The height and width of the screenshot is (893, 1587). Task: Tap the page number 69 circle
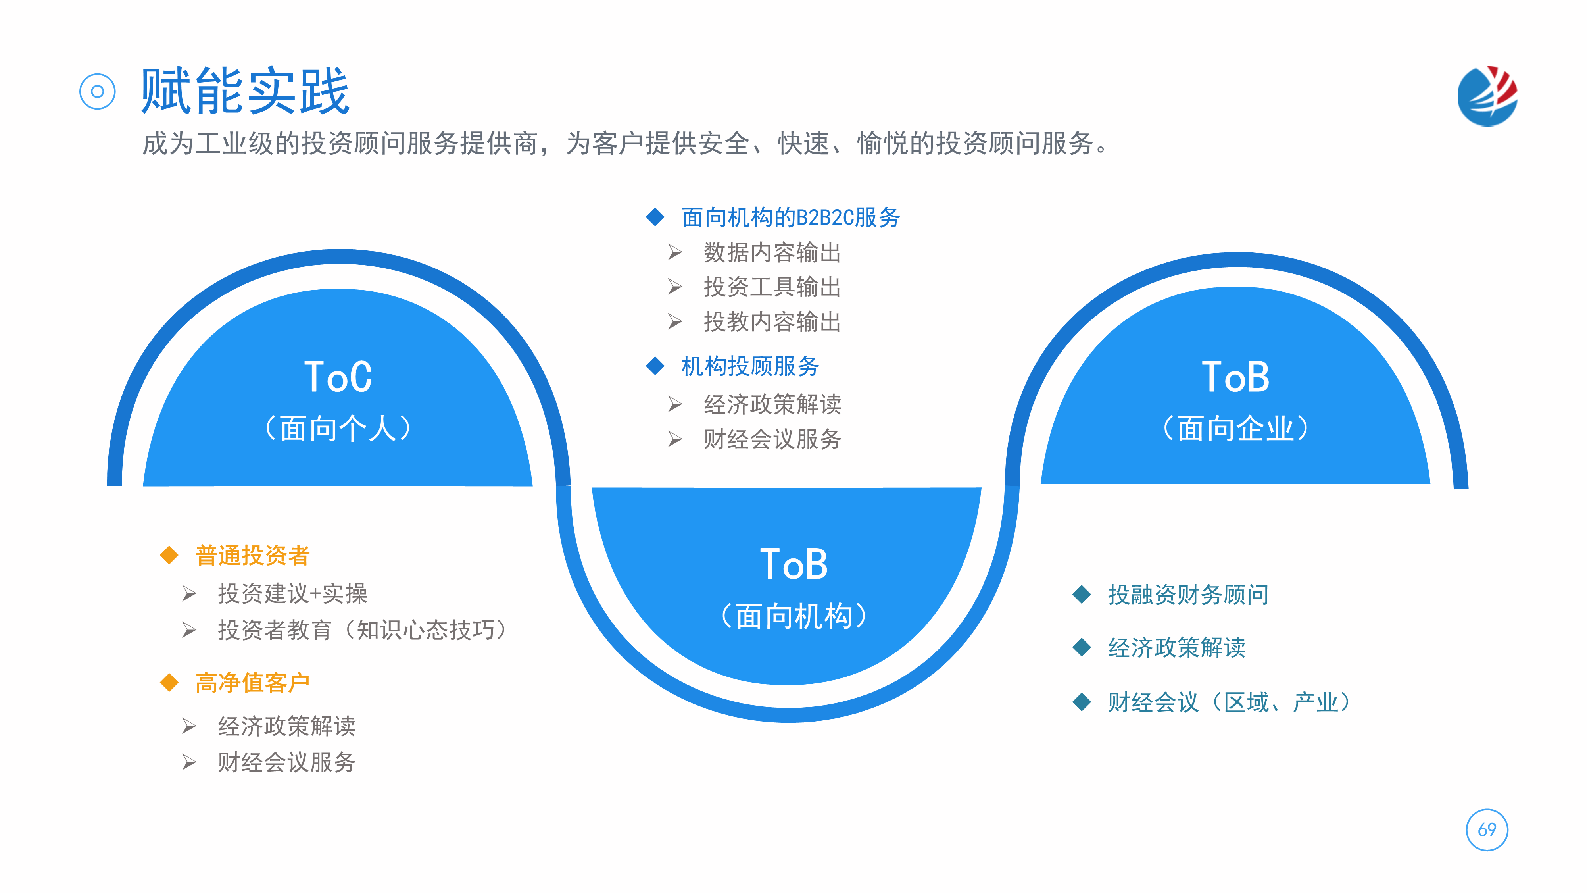click(x=1487, y=829)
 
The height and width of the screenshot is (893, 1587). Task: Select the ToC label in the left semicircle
click(x=338, y=377)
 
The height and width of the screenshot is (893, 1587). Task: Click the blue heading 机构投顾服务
click(x=750, y=366)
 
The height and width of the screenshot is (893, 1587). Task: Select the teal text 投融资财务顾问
click(x=1188, y=595)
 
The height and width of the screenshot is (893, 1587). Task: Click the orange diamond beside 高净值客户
click(x=169, y=683)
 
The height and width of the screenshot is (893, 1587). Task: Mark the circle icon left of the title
click(x=97, y=92)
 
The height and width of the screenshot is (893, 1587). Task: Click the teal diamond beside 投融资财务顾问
click(x=1082, y=595)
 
